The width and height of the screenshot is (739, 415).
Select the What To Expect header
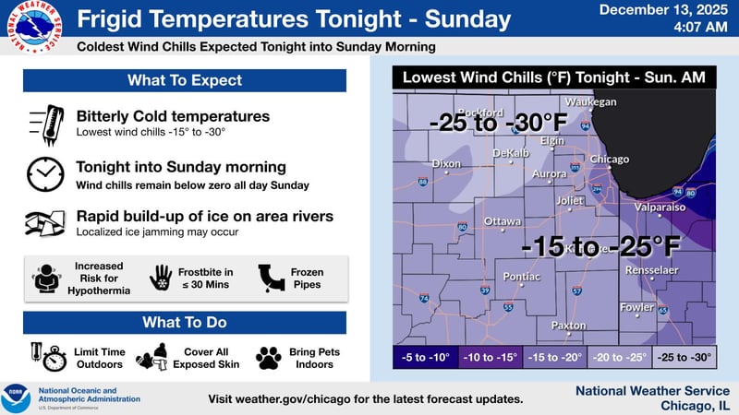185,80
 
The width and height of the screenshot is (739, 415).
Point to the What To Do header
185,323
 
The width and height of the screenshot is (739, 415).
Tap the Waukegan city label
590,101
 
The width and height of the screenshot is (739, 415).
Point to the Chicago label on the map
609,160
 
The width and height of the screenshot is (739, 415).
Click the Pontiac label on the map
521,276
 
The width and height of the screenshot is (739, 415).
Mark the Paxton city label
568,326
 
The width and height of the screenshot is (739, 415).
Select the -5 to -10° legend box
425,357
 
